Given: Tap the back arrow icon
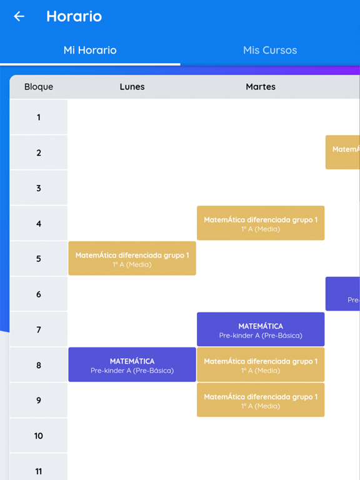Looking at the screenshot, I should [x=19, y=17].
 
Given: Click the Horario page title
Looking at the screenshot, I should [x=74, y=16].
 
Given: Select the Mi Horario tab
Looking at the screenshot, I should [x=90, y=51].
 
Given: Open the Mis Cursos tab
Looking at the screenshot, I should [x=270, y=51].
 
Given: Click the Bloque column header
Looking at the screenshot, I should [x=39, y=87].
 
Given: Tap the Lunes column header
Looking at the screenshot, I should [x=132, y=87].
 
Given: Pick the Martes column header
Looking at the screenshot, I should [x=261, y=87].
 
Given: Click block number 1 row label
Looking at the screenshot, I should [x=39, y=117].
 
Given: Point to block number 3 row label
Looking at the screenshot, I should [x=39, y=188].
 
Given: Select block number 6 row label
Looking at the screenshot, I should [x=39, y=294].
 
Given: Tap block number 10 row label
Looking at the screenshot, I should [x=39, y=436].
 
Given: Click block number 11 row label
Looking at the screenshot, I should [x=39, y=470].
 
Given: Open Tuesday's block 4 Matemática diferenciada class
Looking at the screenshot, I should [x=261, y=223].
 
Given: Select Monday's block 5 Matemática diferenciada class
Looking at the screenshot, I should [x=132, y=259].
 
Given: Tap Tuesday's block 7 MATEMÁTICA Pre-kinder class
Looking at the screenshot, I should [x=261, y=329].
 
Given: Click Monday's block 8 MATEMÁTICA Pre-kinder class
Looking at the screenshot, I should [x=132, y=365].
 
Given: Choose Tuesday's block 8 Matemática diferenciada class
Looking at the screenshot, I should [x=261, y=365].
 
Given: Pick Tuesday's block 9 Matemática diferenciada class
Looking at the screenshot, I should [x=261, y=401].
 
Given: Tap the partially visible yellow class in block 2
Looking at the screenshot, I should [x=343, y=152].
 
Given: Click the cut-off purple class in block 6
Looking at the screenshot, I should [x=343, y=294].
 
